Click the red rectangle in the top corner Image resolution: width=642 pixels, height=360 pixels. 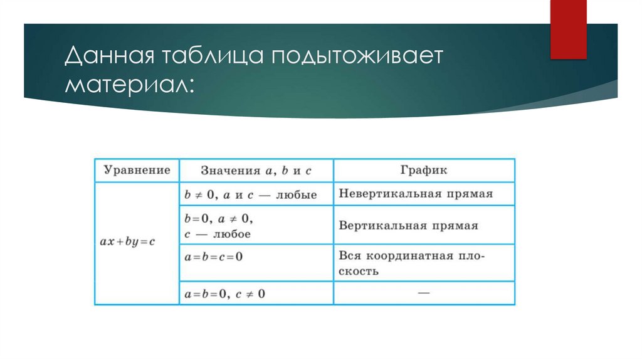tap(568, 28)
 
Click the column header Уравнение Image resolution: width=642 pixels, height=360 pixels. tap(137, 170)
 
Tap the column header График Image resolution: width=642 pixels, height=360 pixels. tap(424, 170)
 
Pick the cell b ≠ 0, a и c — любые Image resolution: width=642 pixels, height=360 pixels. tap(250, 194)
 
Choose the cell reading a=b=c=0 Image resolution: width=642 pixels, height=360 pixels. tap(213, 257)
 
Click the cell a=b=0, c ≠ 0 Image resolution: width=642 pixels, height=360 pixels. tap(224, 293)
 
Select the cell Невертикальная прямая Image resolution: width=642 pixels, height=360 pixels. tap(416, 194)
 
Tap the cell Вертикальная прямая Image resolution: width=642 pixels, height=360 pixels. tap(408, 225)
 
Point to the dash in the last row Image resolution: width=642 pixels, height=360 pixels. tap(424, 292)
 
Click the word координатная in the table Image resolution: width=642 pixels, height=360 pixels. tap(410, 257)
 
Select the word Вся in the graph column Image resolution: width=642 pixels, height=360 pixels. tap(350, 257)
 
